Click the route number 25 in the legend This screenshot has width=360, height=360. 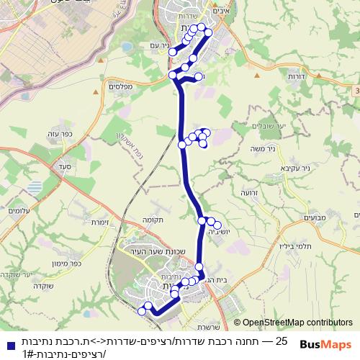(282, 340)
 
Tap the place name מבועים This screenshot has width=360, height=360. (315, 217)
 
